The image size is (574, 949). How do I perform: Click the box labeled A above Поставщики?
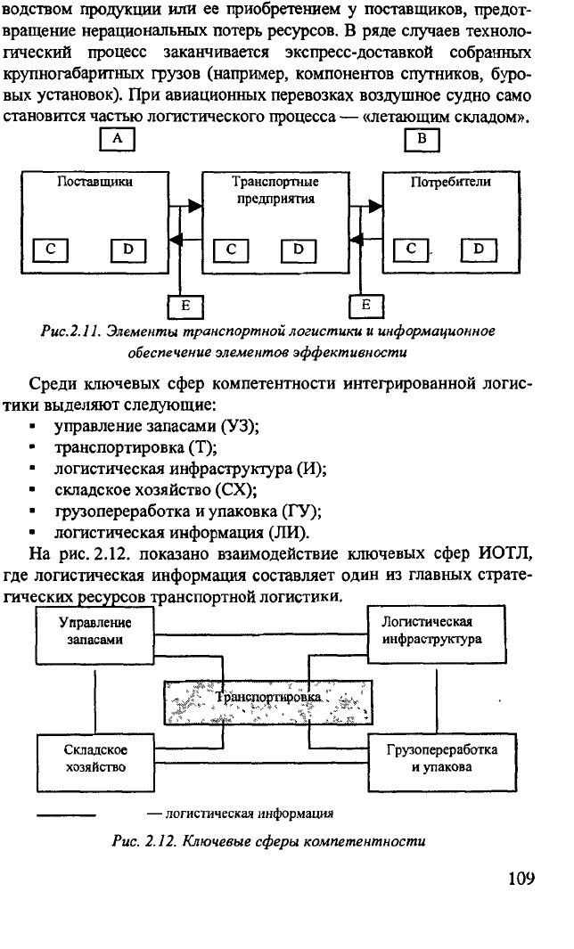(118, 139)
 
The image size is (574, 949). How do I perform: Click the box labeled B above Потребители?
(422, 139)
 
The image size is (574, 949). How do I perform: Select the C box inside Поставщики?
(50, 250)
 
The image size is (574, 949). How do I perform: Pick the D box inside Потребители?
(479, 250)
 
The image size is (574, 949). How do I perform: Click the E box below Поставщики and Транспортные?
(185, 307)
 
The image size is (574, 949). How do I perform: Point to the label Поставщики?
(95, 182)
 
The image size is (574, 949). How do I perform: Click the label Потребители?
(451, 182)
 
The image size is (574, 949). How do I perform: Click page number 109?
(521, 878)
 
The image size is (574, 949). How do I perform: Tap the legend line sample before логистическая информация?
(66, 815)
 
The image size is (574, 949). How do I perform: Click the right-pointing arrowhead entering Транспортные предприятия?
(195, 206)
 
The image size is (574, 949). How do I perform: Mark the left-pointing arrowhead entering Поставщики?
(176, 241)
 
